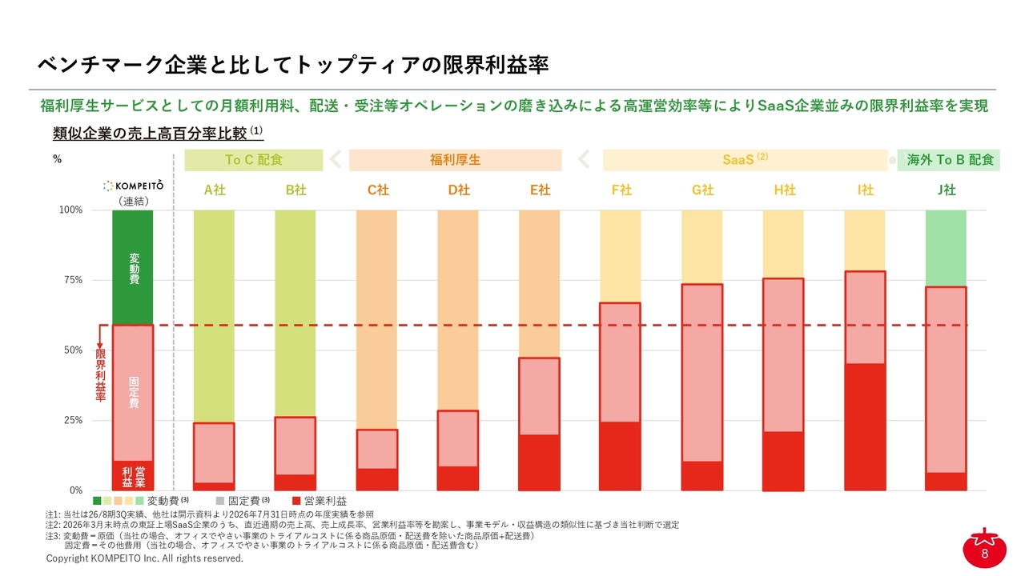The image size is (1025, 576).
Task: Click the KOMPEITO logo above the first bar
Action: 133,186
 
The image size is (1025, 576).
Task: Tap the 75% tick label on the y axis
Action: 73,280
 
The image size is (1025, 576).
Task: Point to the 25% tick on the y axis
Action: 73,420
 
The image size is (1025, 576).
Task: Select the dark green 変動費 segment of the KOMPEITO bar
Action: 133,267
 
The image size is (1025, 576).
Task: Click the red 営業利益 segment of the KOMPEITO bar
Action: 133,476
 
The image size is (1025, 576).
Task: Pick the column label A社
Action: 215,190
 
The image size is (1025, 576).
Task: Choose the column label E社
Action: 540,190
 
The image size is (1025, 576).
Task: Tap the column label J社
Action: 947,190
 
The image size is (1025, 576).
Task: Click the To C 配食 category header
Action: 254,160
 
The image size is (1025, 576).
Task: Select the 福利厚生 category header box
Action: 456,160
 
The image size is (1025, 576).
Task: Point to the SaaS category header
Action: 745,160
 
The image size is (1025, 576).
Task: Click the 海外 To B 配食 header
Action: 949,160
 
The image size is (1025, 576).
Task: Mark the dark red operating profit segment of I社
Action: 865,427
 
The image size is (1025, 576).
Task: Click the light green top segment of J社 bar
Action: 946,248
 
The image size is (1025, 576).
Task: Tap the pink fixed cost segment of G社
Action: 702,373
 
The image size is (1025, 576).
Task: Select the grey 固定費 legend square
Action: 220,501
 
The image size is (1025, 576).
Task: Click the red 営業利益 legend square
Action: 296,501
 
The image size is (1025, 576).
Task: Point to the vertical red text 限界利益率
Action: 101,375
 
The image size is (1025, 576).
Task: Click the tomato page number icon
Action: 984,549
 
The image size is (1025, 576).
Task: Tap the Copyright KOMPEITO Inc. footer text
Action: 145,558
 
